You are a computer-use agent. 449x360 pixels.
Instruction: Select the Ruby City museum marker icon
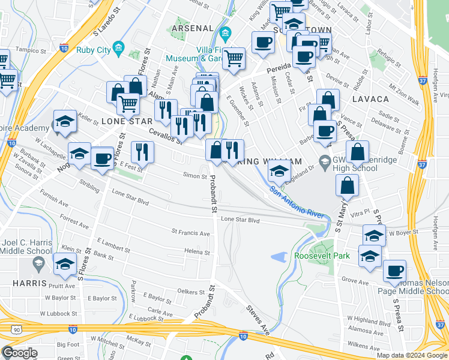pyautogui.click(x=119, y=47)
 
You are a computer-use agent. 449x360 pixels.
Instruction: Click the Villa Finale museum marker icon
pyautogui.click(x=226, y=32)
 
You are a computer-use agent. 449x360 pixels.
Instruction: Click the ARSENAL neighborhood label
pyautogui.click(x=192, y=28)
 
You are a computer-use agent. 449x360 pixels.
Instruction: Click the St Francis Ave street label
pyautogui.click(x=190, y=233)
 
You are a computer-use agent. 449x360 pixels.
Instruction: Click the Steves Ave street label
pyautogui.click(x=258, y=319)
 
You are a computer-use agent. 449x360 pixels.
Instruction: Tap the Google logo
pyautogui.click(x=19, y=353)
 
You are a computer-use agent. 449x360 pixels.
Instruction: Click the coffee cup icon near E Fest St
pyautogui.click(x=102, y=159)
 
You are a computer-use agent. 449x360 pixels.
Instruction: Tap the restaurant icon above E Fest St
pyautogui.click(x=142, y=151)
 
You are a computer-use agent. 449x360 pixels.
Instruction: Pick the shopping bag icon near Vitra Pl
pyautogui.click(x=348, y=185)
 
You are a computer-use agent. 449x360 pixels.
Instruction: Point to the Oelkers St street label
pyautogui.click(x=191, y=292)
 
